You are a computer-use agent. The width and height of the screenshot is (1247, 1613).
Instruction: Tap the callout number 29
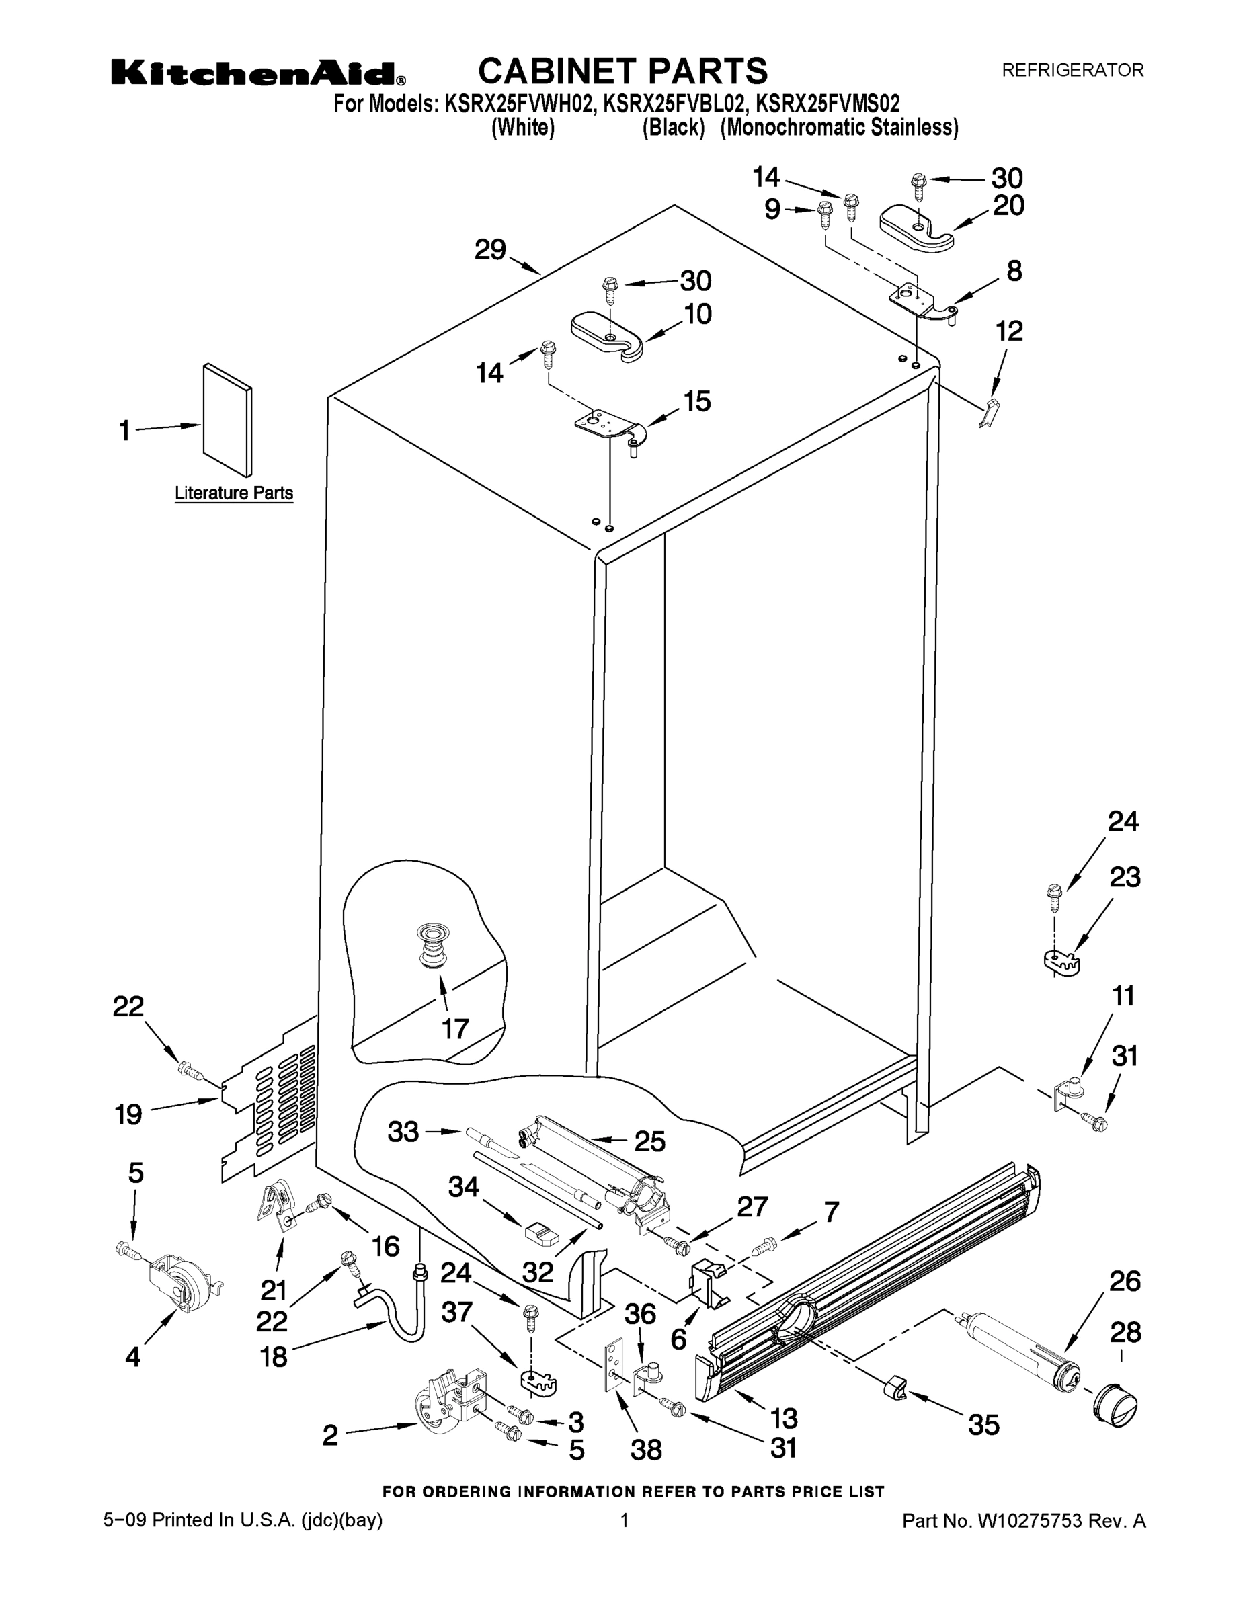[490, 251]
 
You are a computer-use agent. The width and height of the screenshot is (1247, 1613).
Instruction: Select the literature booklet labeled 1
[227, 420]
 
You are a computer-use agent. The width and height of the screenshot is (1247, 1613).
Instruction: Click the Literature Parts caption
[233, 493]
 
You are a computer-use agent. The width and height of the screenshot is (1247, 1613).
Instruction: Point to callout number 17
[455, 1028]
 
